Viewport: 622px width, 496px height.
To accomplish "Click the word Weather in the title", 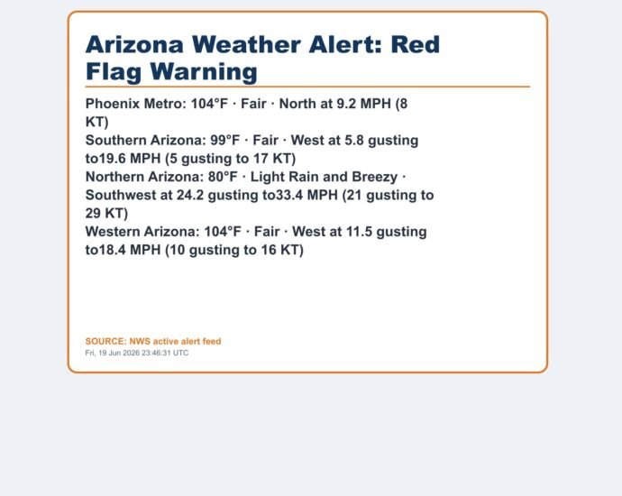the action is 246,44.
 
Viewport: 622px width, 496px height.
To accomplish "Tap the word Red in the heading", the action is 416,44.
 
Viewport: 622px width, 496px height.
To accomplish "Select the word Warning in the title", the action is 204,72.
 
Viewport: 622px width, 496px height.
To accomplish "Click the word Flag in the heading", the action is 114,72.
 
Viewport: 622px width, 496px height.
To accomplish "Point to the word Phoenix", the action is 113,104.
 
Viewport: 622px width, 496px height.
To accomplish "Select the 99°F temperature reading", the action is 225,141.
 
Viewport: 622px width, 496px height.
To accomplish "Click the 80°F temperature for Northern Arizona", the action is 223,177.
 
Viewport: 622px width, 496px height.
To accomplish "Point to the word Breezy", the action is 374,177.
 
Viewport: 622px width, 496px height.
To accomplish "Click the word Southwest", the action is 121,195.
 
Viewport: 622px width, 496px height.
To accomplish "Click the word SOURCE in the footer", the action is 105,342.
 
